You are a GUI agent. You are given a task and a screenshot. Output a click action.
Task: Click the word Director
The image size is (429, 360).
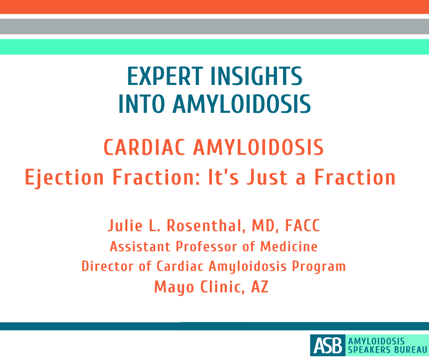tap(104, 266)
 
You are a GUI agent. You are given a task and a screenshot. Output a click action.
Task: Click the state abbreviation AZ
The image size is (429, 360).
tap(260, 287)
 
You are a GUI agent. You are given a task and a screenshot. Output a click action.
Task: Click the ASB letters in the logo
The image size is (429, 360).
tap(327, 345)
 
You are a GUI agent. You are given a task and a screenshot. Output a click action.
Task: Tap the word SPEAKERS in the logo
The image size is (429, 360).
tap(368, 350)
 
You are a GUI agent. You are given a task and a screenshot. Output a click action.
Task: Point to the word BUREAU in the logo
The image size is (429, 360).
tap(409, 350)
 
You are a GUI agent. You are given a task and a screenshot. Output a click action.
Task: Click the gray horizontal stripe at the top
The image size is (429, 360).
tap(214, 26)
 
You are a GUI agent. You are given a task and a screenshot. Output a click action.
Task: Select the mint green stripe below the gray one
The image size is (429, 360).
tap(214, 47)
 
